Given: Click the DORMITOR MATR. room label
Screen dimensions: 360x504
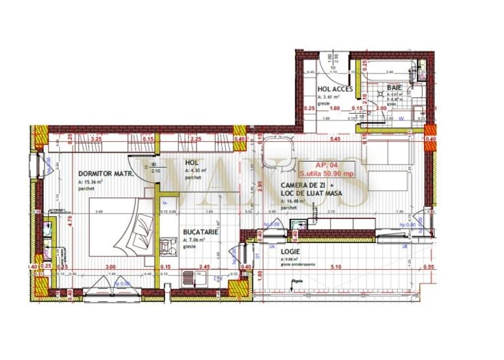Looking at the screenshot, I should click(105, 173).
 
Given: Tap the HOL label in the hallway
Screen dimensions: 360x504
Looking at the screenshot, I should click(191, 163).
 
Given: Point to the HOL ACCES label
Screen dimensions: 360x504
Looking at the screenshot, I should click(335, 89).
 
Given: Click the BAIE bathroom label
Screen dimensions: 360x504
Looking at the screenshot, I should click(393, 88).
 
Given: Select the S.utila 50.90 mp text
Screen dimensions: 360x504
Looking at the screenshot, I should click(330, 173).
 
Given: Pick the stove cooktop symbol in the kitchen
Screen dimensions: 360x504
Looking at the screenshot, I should click(167, 244).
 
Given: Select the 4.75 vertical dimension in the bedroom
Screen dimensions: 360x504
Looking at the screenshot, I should click(70, 215).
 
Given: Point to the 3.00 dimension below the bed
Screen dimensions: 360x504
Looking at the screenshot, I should click(110, 267).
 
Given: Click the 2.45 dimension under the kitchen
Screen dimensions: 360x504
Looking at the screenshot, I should click(205, 267).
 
